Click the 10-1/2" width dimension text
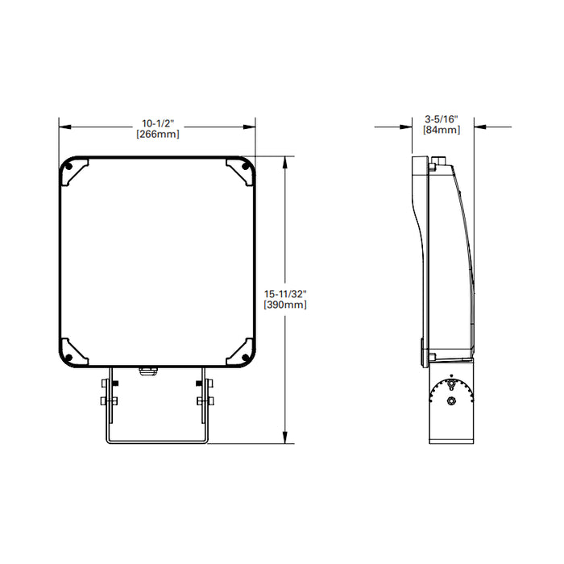pyautogui.click(x=157, y=122)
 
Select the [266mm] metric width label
pyautogui.click(x=157, y=134)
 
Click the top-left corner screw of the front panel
pyautogui.click(x=68, y=167)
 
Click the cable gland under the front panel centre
pyautogui.click(x=147, y=371)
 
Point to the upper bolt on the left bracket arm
pyautogui.click(x=106, y=380)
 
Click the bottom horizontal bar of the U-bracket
pyautogui.click(x=156, y=441)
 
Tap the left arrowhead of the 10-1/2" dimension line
pyautogui.click(x=64, y=126)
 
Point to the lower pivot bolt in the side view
pyautogui.click(x=452, y=399)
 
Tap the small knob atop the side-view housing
pyautogui.click(x=433, y=168)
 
